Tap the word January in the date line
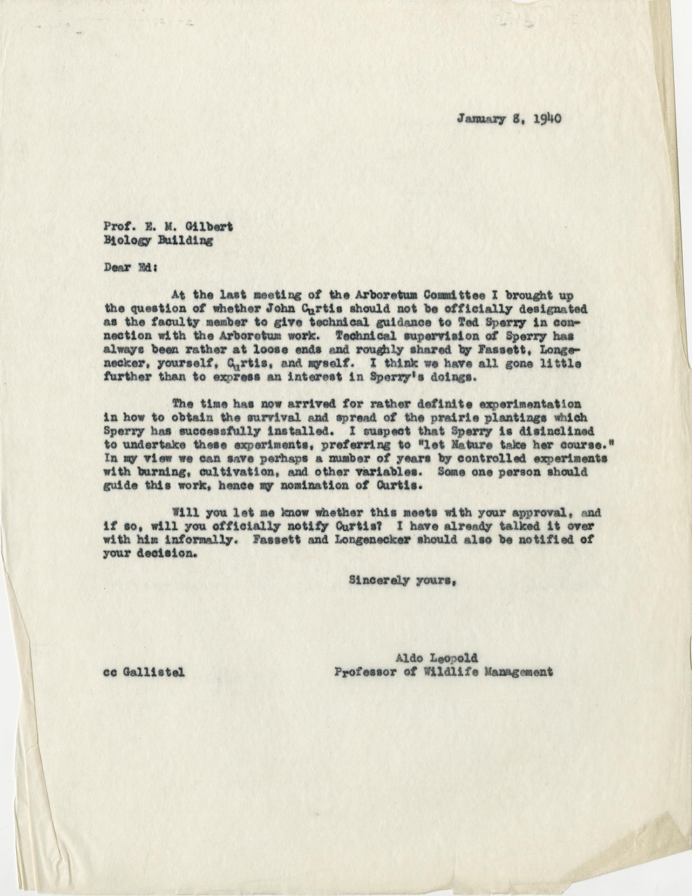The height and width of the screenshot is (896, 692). [477, 119]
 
